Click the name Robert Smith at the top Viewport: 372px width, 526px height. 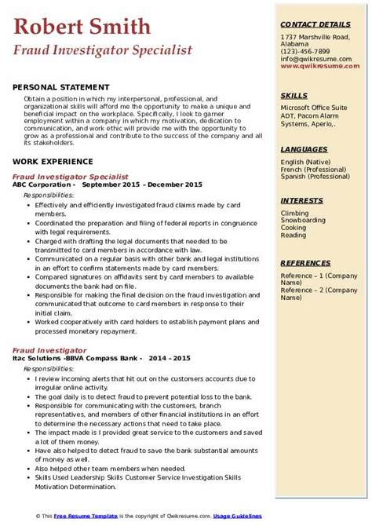click(x=82, y=27)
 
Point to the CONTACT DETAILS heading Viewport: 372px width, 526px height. click(x=315, y=25)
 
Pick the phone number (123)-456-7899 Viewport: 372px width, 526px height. click(x=306, y=52)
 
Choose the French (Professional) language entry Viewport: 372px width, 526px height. click(x=315, y=169)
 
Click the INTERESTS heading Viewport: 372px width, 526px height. click(x=303, y=200)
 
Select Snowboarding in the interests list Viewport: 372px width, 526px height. click(x=302, y=221)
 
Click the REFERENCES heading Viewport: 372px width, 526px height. click(x=306, y=264)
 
